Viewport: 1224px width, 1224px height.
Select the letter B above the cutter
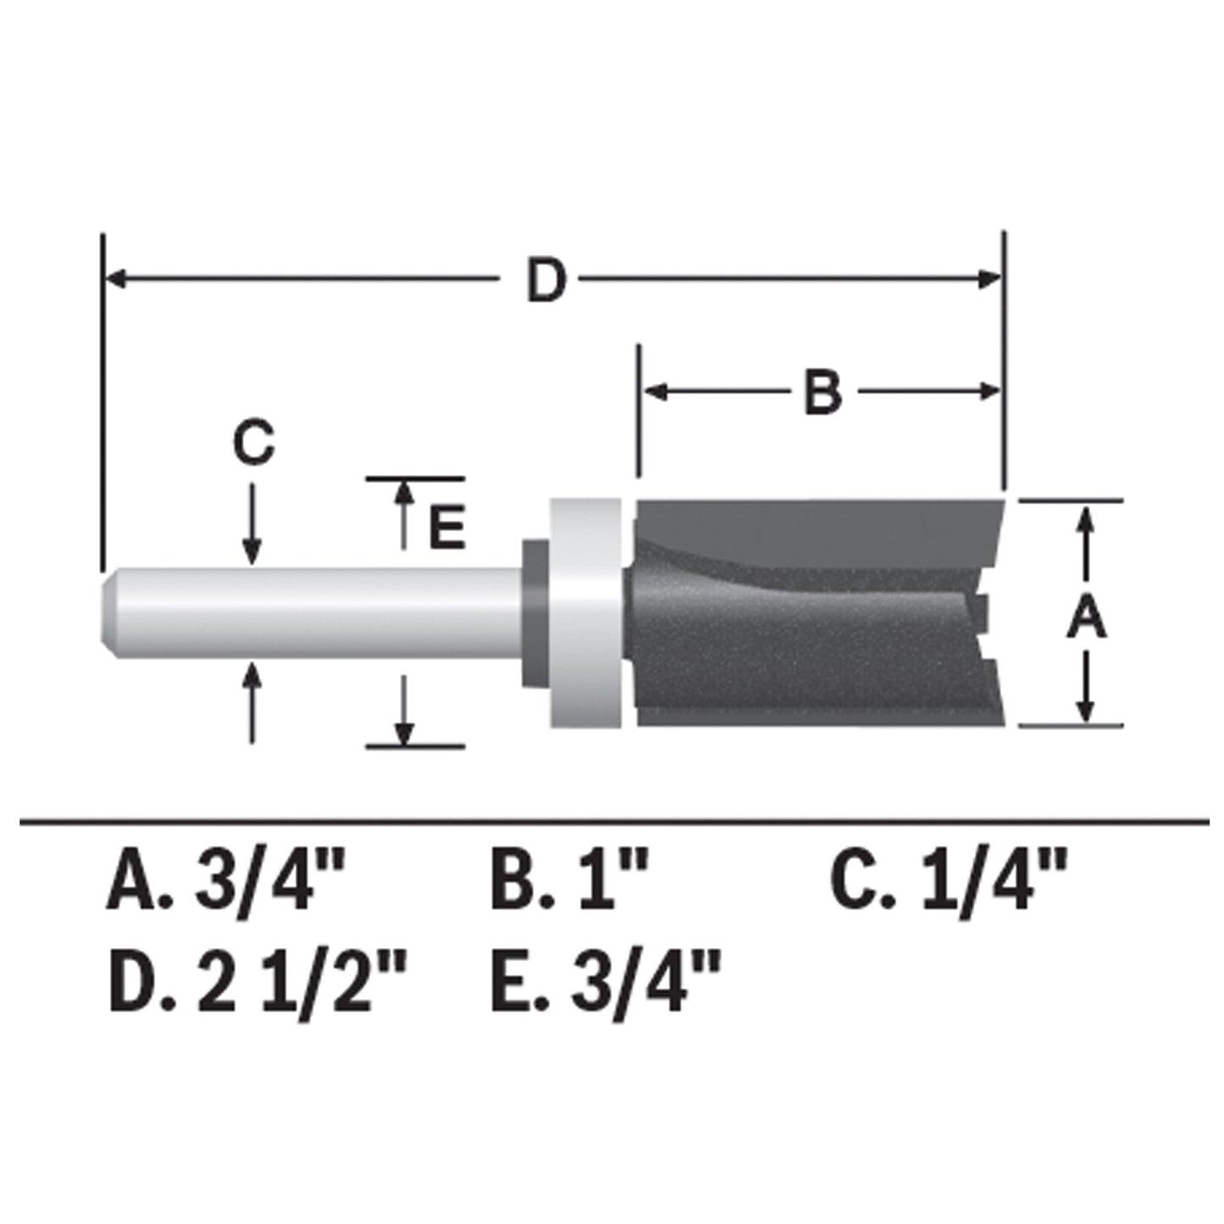pos(822,392)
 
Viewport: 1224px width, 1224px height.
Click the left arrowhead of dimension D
pos(115,279)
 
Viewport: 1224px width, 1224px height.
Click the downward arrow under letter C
pos(251,551)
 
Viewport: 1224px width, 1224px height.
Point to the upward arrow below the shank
pos(251,676)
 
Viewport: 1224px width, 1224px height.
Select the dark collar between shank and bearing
pos(534,612)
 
